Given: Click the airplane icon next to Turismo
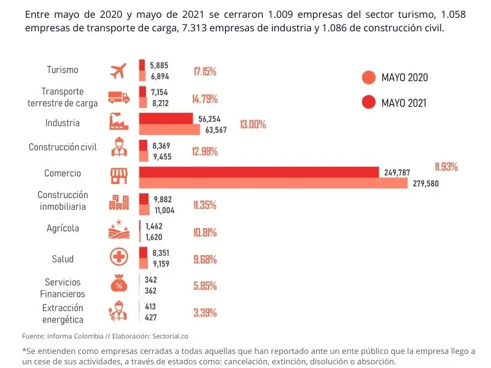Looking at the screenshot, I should [x=118, y=71].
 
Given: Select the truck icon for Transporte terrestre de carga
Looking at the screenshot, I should [x=118, y=97].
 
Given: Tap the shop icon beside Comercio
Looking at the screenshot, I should [x=118, y=176].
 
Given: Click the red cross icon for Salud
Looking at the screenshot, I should [x=118, y=257].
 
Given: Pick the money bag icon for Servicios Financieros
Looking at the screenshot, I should [x=118, y=285].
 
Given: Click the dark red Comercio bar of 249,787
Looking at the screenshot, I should [x=258, y=172].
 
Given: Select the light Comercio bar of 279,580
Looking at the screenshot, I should [x=273, y=183].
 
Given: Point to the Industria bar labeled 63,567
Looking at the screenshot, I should [x=169, y=129].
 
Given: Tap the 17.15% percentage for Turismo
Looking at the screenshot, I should [x=204, y=71].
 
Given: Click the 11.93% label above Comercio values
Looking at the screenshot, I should [x=446, y=167].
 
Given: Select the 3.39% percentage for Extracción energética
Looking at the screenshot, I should [x=204, y=313].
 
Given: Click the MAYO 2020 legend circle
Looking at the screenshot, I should [x=368, y=78].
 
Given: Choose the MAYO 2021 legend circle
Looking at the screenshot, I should [x=368, y=102].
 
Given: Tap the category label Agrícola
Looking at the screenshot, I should [x=63, y=228].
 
